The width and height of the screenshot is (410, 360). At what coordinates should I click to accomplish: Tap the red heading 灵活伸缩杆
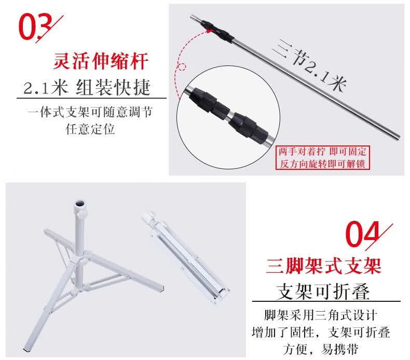(x=101, y=61)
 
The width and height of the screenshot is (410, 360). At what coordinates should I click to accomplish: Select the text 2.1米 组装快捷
(x=87, y=87)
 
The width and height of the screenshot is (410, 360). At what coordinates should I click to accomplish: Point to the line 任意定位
(x=90, y=129)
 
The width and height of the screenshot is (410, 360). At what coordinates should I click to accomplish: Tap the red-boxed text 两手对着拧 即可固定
(x=322, y=152)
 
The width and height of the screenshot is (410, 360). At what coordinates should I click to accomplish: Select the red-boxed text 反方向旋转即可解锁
(x=322, y=164)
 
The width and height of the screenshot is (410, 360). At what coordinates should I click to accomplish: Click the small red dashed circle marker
(x=182, y=67)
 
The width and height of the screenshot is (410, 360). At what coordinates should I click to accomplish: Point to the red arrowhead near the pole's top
(x=210, y=31)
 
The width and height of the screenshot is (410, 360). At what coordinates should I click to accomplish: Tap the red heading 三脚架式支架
(x=324, y=266)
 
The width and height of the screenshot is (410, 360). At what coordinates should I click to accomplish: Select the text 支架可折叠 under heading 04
(x=323, y=291)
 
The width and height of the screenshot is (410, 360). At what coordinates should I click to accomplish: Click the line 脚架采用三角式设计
(x=321, y=315)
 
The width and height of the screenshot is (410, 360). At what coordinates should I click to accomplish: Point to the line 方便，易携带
(x=321, y=349)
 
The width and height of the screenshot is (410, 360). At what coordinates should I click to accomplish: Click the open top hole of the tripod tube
(x=80, y=204)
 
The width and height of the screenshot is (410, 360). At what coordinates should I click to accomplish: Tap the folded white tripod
(x=185, y=257)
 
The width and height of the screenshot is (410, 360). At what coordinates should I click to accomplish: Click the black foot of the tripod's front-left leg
(x=27, y=349)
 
